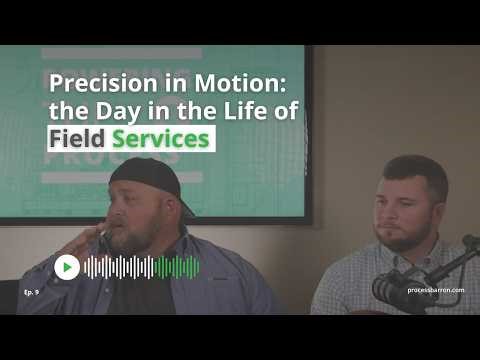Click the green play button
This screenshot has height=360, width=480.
point(67,267)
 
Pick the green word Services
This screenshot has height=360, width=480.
point(161,139)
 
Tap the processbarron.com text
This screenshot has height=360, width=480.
point(436,290)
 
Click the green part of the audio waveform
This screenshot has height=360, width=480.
point(177,267)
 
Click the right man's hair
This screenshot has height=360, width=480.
point(414,170)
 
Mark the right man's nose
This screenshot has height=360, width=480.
point(395,214)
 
